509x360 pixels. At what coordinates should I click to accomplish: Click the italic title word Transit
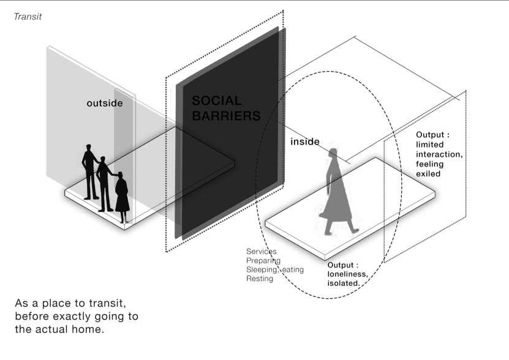(x=28, y=17)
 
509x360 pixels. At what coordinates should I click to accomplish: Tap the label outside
(x=104, y=103)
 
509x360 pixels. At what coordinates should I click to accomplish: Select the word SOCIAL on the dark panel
(x=217, y=100)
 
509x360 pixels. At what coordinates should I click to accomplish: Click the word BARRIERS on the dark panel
(x=226, y=116)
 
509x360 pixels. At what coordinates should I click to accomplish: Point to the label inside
(x=304, y=141)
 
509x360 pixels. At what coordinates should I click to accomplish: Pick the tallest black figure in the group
(x=89, y=171)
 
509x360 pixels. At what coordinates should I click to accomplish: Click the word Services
(x=261, y=252)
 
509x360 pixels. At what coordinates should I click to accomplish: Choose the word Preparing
(x=263, y=260)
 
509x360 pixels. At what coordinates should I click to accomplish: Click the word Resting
(x=259, y=279)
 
